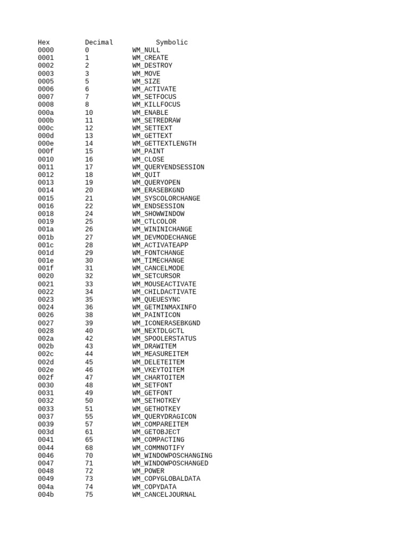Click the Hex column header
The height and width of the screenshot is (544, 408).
tap(44, 42)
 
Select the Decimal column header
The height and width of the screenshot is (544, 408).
tap(99, 42)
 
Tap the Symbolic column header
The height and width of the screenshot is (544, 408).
tap(172, 42)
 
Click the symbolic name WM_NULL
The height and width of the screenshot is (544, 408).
tap(146, 50)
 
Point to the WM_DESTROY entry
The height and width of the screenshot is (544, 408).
tap(152, 66)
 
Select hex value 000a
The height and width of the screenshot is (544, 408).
tap(46, 113)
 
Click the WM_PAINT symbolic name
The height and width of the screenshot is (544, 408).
tap(148, 151)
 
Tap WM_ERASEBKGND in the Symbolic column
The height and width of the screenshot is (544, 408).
tap(158, 190)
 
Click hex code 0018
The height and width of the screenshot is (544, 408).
tap(46, 214)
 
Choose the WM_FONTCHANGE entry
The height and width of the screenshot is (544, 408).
tap(158, 253)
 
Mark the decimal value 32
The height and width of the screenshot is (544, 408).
tap(89, 276)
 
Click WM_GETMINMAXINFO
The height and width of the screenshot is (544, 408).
tap(164, 308)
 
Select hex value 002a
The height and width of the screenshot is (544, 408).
tap(46, 338)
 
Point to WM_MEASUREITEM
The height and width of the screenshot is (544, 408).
tap(160, 354)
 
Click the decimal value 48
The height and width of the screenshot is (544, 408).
tap(89, 386)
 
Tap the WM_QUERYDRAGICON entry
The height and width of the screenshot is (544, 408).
tap(164, 417)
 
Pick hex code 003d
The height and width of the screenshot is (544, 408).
tap(46, 432)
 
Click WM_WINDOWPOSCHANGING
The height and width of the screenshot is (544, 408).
tap(172, 456)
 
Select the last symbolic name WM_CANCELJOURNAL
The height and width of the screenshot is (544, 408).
tap(164, 495)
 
